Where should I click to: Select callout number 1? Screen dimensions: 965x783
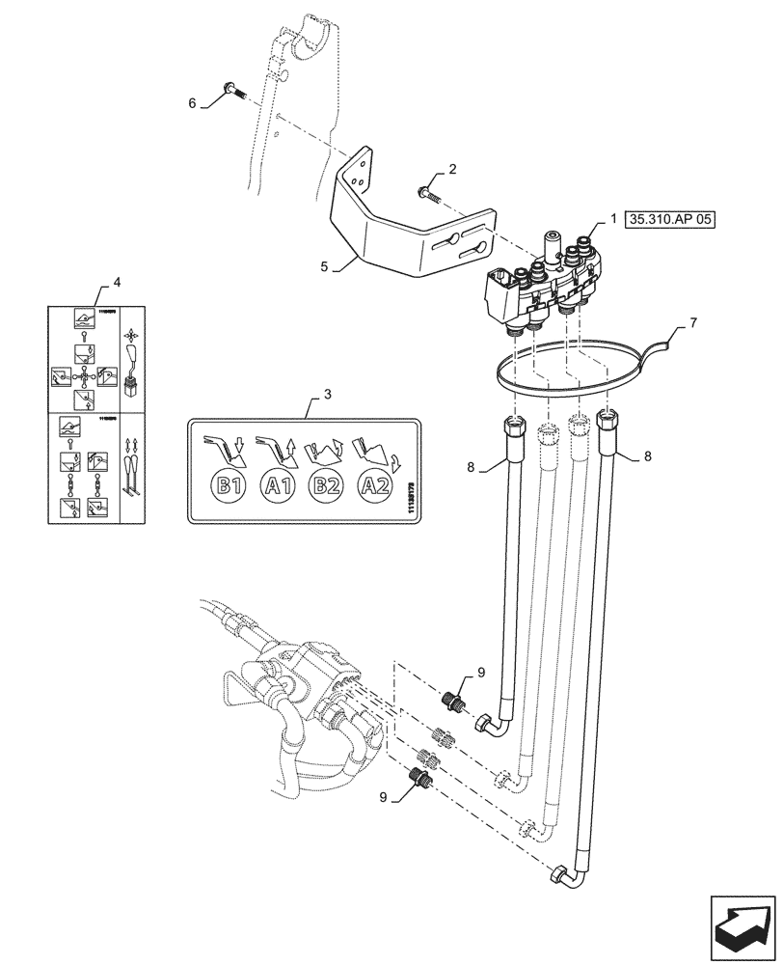coord(613,219)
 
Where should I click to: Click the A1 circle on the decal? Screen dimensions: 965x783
coord(277,485)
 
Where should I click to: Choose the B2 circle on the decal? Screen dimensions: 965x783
coord(325,485)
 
